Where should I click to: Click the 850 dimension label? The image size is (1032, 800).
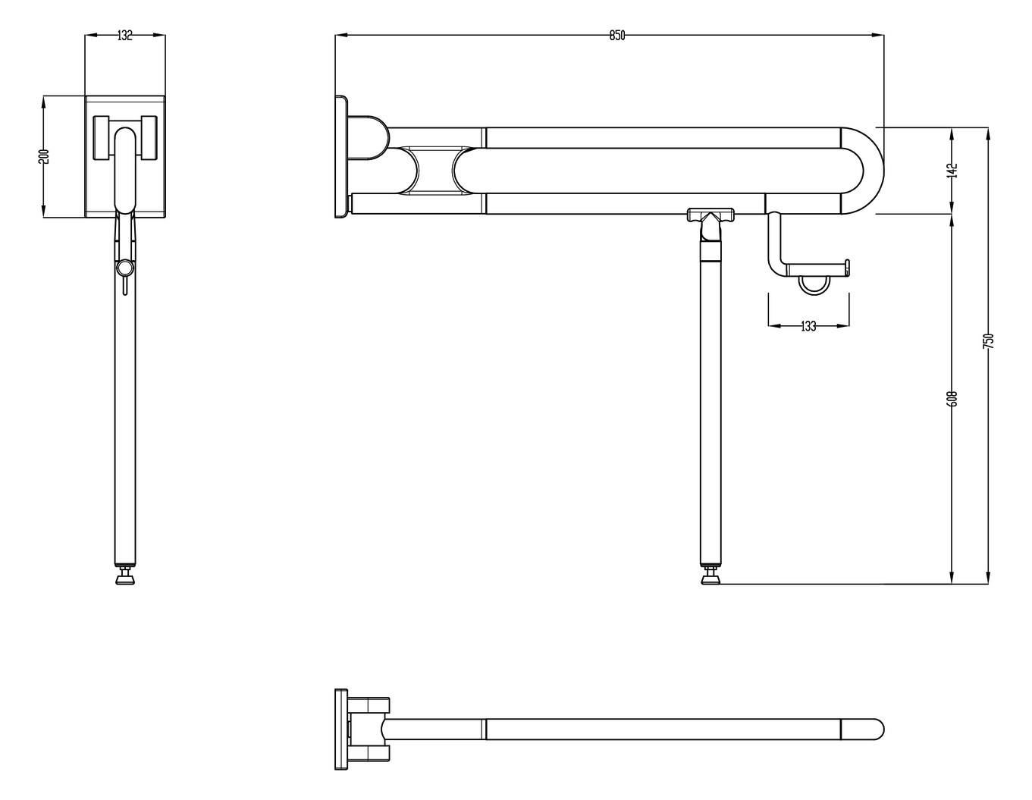click(x=616, y=36)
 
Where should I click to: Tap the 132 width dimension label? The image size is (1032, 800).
click(x=125, y=36)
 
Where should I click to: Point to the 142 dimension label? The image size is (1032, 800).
click(x=953, y=170)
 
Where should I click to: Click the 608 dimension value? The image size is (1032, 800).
click(x=953, y=398)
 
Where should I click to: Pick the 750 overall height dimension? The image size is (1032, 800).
click(x=987, y=340)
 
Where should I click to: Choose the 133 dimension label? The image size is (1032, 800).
click(x=808, y=326)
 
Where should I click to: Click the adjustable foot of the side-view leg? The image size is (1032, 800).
click(x=710, y=579)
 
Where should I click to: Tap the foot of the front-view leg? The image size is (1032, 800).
click(x=125, y=579)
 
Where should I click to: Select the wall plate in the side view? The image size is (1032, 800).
click(x=340, y=156)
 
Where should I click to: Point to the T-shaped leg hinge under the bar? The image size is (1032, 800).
click(x=710, y=216)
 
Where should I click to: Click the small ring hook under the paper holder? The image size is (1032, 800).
click(x=815, y=284)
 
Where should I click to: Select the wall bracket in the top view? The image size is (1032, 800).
click(x=342, y=729)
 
